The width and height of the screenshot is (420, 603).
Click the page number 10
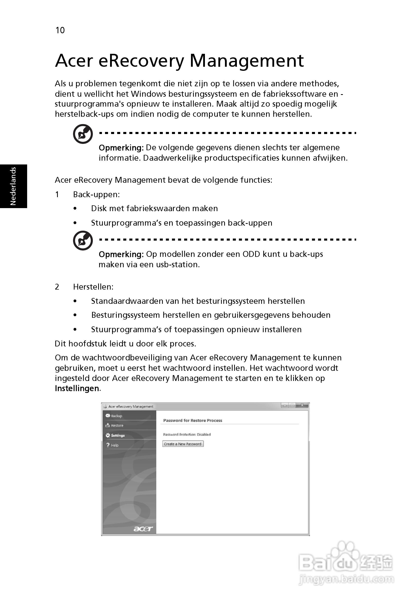pyautogui.click(x=60, y=30)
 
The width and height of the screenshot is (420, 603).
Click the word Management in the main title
pyautogui.click(x=247, y=61)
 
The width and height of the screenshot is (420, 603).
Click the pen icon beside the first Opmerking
pyautogui.click(x=83, y=134)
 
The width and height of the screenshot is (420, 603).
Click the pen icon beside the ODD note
pyautogui.click(x=83, y=241)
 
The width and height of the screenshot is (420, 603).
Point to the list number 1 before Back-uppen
pyautogui.click(x=57, y=195)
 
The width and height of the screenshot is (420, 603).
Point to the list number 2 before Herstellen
pyautogui.click(x=57, y=287)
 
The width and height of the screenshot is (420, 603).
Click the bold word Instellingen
pyautogui.click(x=77, y=389)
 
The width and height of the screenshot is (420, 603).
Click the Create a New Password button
pyautogui.click(x=183, y=444)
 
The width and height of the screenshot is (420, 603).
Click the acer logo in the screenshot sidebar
pyautogui.click(x=143, y=529)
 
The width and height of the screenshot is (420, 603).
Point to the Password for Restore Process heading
pyautogui.click(x=193, y=421)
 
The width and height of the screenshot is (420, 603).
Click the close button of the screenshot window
pyautogui.click(x=302, y=406)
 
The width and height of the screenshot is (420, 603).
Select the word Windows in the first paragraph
pyautogui.click(x=149, y=94)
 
